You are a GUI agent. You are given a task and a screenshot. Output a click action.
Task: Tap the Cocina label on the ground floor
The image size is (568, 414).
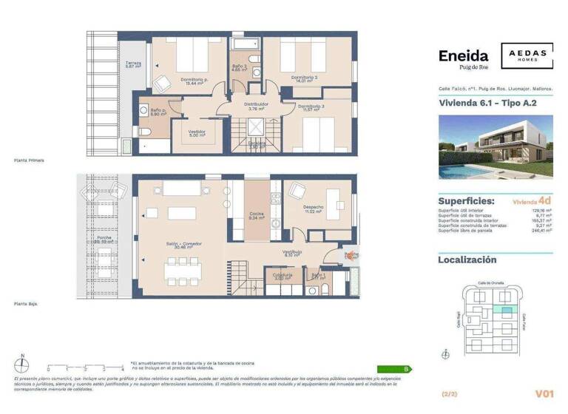tap(257, 214)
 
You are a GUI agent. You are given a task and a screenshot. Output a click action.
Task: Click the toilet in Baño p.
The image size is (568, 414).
tap(145, 132)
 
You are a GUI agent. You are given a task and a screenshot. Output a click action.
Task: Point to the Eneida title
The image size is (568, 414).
tap(463, 56)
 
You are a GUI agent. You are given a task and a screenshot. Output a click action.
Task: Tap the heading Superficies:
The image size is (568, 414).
tap(466, 200)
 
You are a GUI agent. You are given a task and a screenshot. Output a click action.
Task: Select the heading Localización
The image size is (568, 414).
tap(467, 259)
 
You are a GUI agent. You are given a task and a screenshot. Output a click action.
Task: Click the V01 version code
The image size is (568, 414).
tap(544, 394)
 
